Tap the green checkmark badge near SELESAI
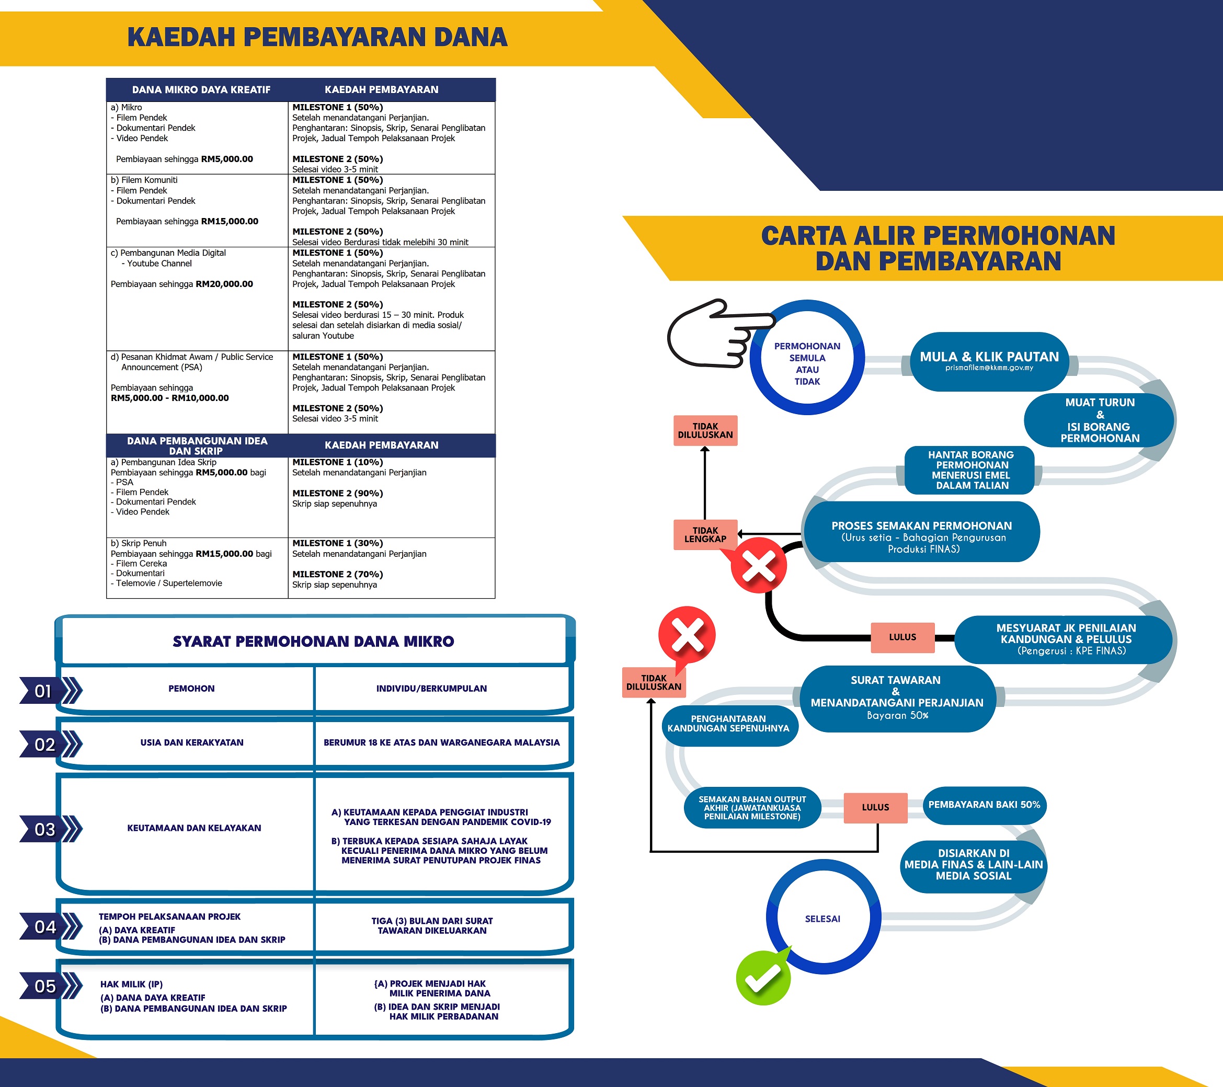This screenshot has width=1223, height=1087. click(x=763, y=978)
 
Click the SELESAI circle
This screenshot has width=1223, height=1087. click(x=822, y=918)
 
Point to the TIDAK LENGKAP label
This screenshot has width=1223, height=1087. click(x=705, y=534)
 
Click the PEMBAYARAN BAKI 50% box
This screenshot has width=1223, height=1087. click(x=984, y=805)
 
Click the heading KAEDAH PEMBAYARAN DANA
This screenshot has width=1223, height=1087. click(x=317, y=37)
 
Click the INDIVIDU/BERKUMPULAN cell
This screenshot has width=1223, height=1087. click(x=431, y=689)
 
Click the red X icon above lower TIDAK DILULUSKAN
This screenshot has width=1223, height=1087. click(x=687, y=635)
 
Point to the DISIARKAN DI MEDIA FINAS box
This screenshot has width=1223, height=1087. click(x=973, y=864)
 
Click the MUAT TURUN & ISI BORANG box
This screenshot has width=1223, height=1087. click(x=1099, y=420)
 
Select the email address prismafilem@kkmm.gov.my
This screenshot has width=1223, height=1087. click(x=989, y=368)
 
